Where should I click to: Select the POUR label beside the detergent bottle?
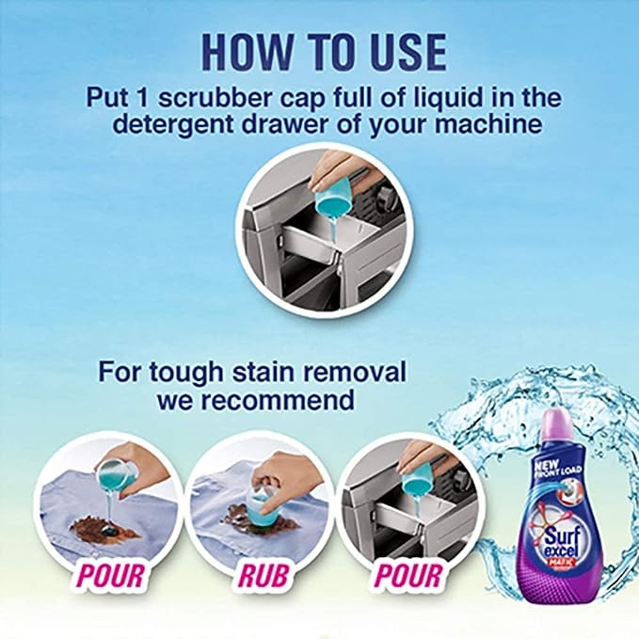click(410, 575)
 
